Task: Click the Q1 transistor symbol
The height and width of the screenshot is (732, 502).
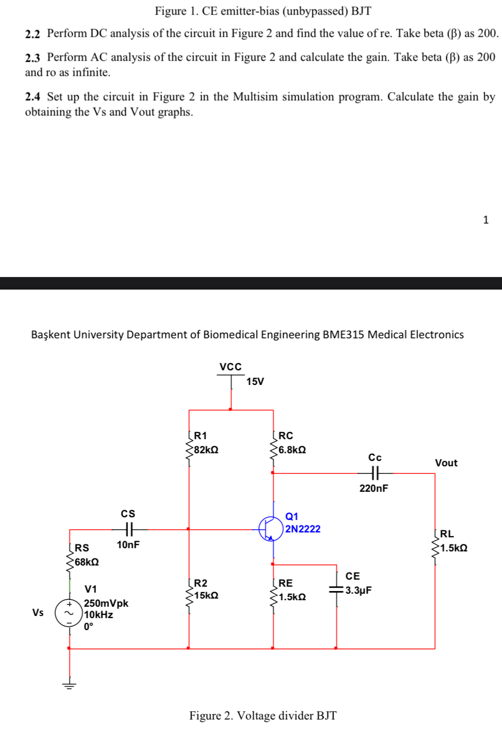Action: (x=272, y=529)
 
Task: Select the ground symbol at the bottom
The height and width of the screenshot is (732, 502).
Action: (x=69, y=685)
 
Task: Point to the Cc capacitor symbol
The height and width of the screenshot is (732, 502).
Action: (x=375, y=473)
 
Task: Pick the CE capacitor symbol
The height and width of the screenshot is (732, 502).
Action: (x=337, y=590)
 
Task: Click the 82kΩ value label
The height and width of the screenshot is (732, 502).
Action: (x=206, y=450)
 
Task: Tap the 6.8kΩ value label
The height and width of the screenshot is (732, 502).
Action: (x=292, y=450)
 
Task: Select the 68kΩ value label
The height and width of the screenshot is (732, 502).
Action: (x=87, y=562)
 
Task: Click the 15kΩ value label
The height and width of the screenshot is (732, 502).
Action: (x=206, y=595)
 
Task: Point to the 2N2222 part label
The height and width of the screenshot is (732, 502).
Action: (x=303, y=529)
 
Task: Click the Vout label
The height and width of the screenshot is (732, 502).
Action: (x=446, y=463)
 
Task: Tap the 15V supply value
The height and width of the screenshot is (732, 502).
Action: (x=255, y=381)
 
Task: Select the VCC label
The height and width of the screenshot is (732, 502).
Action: (x=230, y=367)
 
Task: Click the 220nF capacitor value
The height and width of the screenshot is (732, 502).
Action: (x=374, y=488)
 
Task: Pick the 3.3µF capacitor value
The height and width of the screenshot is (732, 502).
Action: (x=358, y=590)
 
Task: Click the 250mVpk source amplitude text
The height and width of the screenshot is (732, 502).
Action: (x=106, y=603)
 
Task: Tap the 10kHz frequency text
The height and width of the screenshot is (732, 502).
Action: (x=98, y=614)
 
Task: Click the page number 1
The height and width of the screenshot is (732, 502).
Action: (x=486, y=220)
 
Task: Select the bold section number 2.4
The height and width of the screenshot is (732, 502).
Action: (x=33, y=97)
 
